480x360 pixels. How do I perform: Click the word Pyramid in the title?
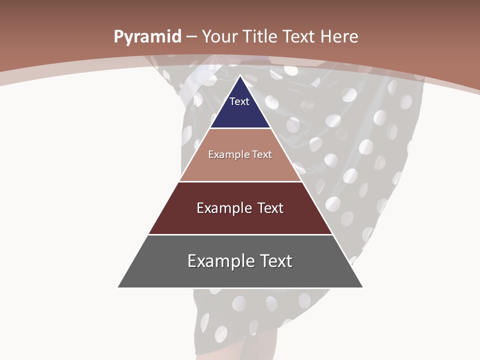click(147, 37)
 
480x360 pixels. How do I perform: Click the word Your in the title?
click(220, 36)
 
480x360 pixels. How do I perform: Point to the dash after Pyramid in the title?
click(191, 37)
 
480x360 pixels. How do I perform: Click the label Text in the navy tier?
click(239, 101)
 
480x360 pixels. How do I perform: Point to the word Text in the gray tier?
click(275, 261)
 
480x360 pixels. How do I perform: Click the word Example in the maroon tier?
click(222, 208)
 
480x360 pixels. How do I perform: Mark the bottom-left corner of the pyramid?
click(118, 287)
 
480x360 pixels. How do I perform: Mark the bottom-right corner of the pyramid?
click(362, 287)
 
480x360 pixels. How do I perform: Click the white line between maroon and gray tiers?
click(240, 234)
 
